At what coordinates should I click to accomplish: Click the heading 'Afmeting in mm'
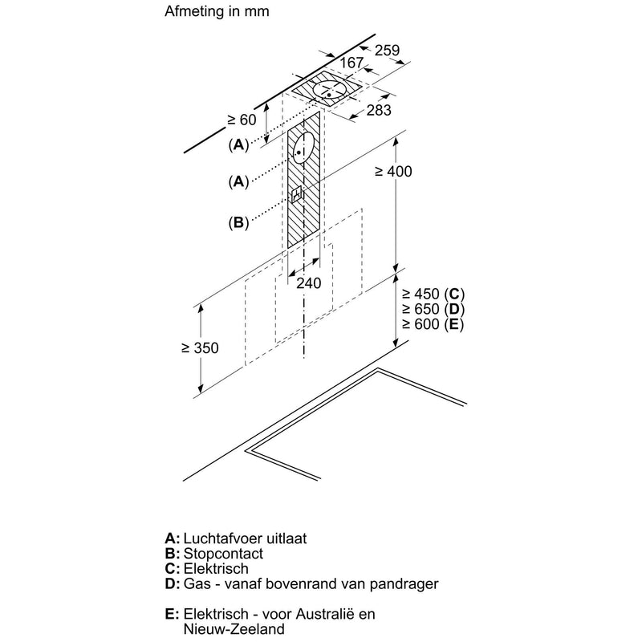(x=217, y=12)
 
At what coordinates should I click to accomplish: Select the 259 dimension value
(x=387, y=51)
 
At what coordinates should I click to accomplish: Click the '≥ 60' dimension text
(x=240, y=120)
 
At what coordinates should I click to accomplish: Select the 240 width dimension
(x=307, y=282)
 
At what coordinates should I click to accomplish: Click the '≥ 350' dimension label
(x=200, y=347)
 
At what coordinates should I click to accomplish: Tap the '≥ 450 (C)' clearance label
(x=433, y=294)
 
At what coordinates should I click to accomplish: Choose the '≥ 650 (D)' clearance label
(x=433, y=309)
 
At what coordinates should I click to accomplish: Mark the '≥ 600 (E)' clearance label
(x=433, y=324)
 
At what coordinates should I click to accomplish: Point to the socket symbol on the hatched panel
(x=298, y=194)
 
